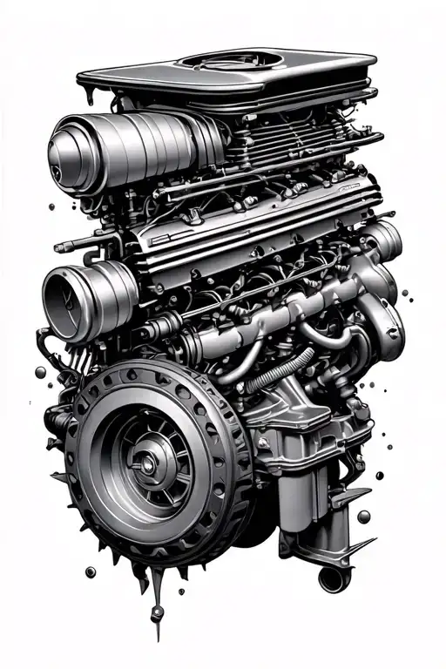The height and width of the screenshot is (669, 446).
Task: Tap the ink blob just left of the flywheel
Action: coord(41,372)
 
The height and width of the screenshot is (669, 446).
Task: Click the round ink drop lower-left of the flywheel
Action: coord(90,571)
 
